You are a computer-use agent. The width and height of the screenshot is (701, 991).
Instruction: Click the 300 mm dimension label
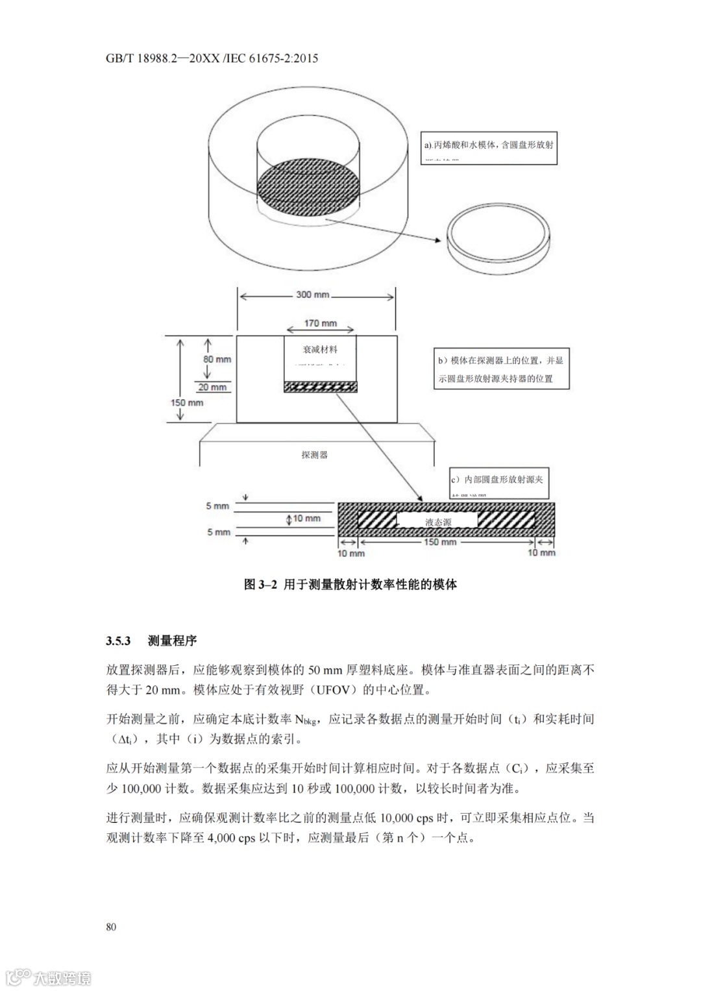(x=312, y=295)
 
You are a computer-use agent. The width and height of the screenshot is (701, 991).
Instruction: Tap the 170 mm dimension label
(x=321, y=323)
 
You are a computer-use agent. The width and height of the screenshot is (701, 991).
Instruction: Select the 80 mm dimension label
(x=217, y=359)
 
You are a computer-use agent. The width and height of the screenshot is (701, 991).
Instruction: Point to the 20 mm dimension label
(x=212, y=387)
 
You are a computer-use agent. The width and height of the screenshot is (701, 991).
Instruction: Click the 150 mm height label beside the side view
(x=187, y=402)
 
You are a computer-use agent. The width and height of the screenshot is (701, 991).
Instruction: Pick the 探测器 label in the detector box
(x=315, y=455)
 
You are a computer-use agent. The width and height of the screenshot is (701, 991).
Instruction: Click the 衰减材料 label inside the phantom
(x=321, y=349)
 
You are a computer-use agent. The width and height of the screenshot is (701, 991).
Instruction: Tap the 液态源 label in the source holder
(x=438, y=521)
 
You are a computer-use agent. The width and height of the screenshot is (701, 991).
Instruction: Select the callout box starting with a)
(x=489, y=147)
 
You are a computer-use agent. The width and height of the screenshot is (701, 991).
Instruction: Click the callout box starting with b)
(x=501, y=369)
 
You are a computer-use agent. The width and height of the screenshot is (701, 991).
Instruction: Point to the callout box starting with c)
(x=498, y=482)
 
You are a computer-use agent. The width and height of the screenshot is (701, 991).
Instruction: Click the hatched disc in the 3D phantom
(x=308, y=188)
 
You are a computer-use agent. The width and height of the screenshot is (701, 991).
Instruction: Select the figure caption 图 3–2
(x=350, y=584)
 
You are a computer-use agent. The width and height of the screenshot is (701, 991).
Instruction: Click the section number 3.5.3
(x=119, y=641)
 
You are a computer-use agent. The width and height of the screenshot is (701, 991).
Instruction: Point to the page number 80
(x=111, y=926)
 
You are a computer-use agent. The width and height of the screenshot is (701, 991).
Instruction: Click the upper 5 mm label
(x=218, y=506)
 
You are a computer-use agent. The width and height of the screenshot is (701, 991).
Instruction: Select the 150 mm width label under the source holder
(x=440, y=542)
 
